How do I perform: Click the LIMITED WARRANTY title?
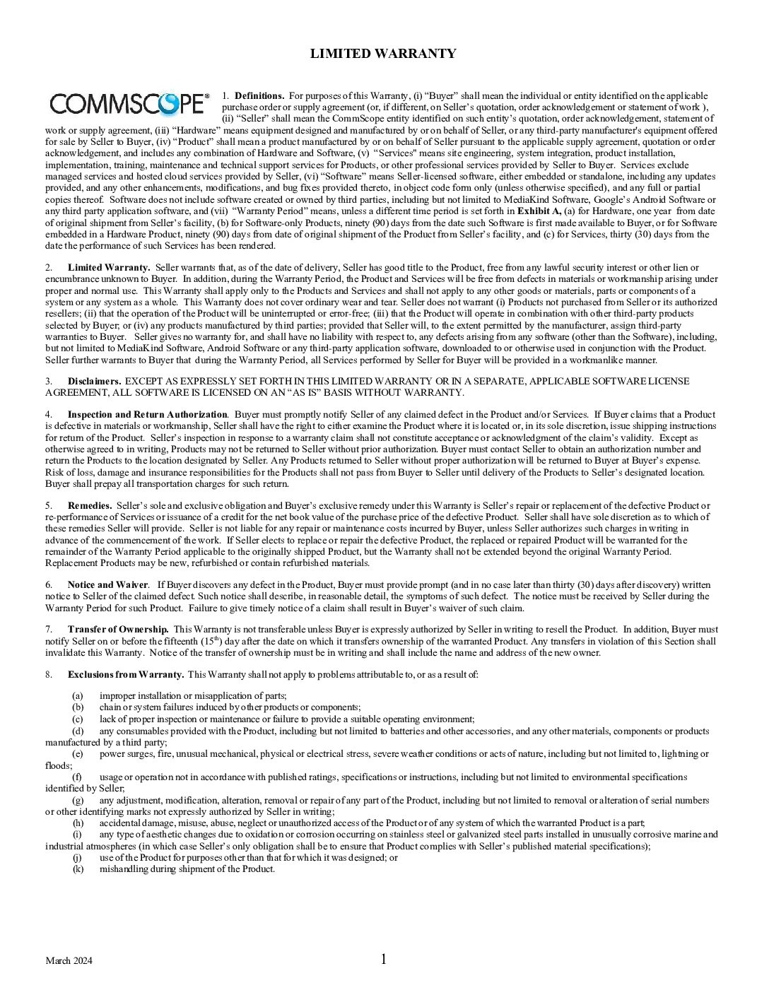pyautogui.click(x=383, y=54)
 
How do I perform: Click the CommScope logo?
pyautogui.click(x=129, y=105)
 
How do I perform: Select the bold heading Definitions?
pyautogui.click(x=259, y=95)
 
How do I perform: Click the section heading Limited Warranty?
pyautogui.click(x=109, y=267)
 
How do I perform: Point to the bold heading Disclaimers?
pyautogui.click(x=94, y=381)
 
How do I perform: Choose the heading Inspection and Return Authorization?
pyautogui.click(x=147, y=415)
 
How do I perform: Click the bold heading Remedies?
pyautogui.click(x=90, y=506)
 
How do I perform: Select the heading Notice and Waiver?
pyautogui.click(x=107, y=585)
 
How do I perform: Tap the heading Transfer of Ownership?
pyautogui.click(x=118, y=630)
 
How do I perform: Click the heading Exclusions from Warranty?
pyautogui.click(x=126, y=674)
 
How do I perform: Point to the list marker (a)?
pyautogui.click(x=78, y=696)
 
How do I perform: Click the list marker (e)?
pyautogui.click(x=78, y=754)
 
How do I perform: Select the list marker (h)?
pyautogui.click(x=78, y=823)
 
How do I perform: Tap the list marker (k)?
pyautogui.click(x=78, y=869)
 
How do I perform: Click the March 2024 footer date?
pyautogui.click(x=69, y=960)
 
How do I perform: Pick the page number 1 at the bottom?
pyautogui.click(x=384, y=959)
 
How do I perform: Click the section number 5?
pyautogui.click(x=49, y=506)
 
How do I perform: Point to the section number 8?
pyautogui.click(x=49, y=674)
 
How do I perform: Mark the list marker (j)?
pyautogui.click(x=78, y=858)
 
